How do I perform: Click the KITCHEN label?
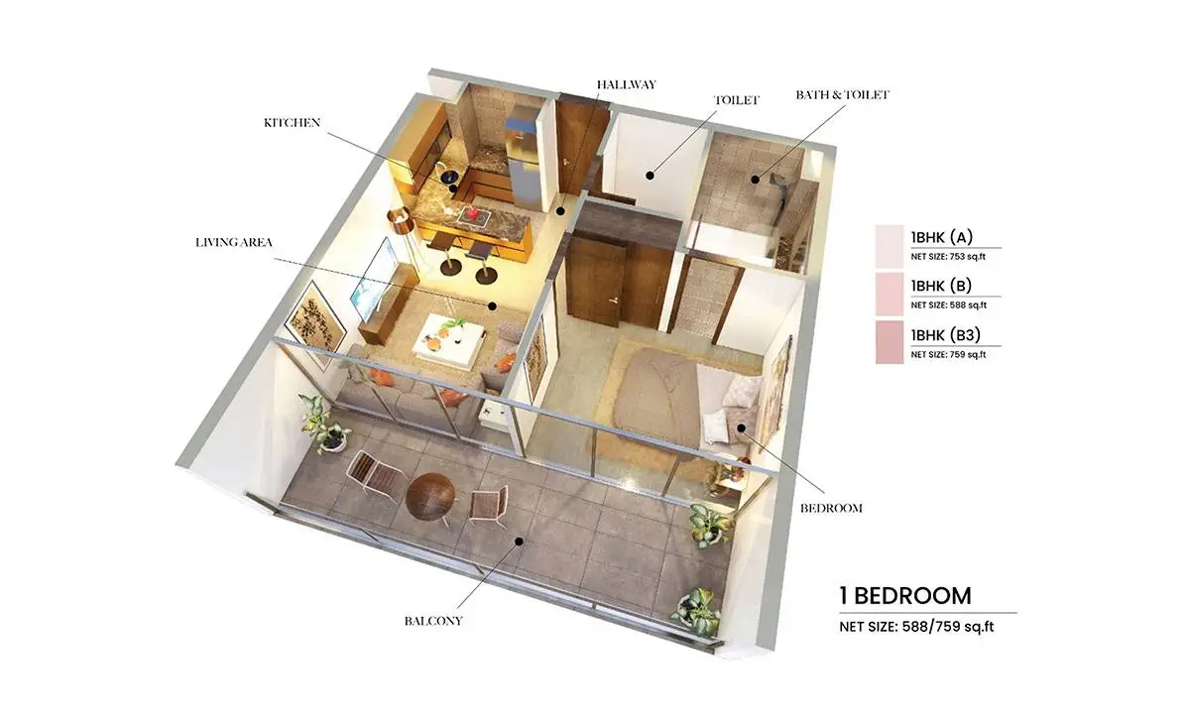click(x=293, y=123)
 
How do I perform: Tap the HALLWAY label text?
click(x=627, y=84)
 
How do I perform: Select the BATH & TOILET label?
click(x=842, y=94)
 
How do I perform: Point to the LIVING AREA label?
click(x=234, y=242)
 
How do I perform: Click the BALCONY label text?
click(x=433, y=621)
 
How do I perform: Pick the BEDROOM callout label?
click(x=831, y=508)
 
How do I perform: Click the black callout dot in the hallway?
click(x=560, y=211)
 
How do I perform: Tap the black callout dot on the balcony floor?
click(x=519, y=542)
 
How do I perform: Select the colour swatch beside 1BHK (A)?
click(x=890, y=247)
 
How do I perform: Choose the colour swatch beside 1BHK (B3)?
click(x=890, y=342)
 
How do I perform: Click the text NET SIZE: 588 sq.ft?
click(x=948, y=305)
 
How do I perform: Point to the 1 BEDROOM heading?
click(x=905, y=596)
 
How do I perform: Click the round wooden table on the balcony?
click(x=430, y=494)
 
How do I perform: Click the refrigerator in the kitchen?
click(x=524, y=157)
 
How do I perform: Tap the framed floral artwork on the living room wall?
click(x=315, y=323)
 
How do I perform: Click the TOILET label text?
click(x=736, y=100)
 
